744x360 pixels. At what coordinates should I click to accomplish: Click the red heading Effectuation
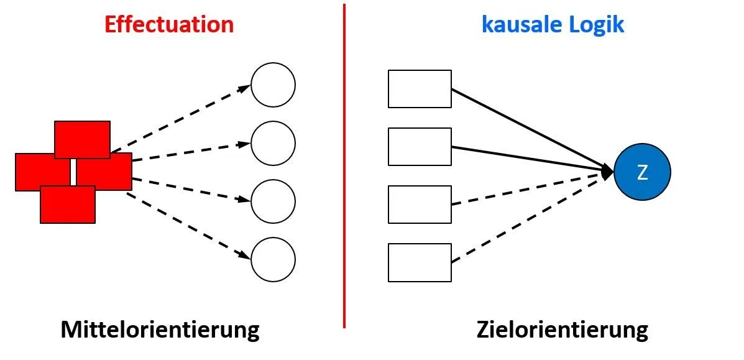point(169,24)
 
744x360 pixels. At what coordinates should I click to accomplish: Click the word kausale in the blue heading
point(520,24)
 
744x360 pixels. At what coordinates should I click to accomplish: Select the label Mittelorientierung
point(160,329)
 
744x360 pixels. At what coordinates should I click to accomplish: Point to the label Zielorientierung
point(563,329)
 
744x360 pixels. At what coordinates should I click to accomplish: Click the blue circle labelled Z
point(642,172)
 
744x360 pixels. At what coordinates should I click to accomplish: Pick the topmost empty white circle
point(273,85)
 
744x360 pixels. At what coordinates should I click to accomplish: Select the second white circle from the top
point(273,144)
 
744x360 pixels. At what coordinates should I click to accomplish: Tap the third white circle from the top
point(273,201)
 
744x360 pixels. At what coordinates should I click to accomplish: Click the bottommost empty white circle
point(273,260)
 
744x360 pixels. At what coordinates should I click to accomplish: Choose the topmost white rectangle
point(420,89)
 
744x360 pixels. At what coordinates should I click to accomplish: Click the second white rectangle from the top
point(420,147)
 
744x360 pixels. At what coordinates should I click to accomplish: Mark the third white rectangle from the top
point(420,205)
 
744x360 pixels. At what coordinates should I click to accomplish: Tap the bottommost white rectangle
point(420,262)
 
